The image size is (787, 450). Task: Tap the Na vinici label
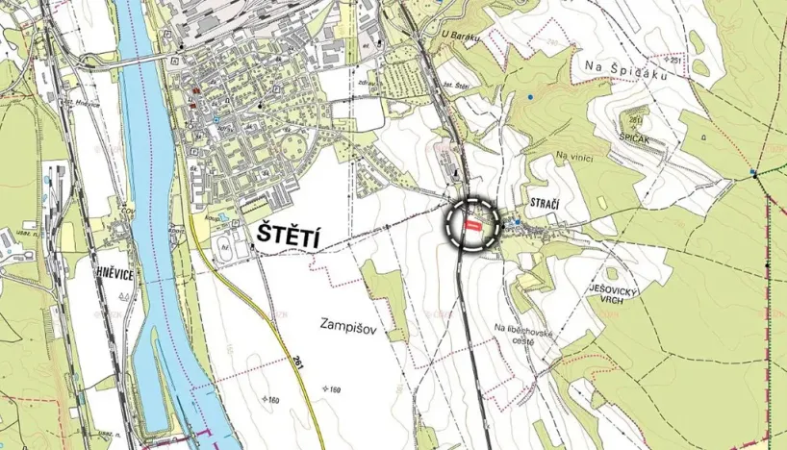click(573, 156)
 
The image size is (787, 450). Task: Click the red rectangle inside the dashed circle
click(471, 224)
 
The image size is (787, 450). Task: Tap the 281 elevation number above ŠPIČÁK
click(636, 119)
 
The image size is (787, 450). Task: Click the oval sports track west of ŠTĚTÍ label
click(230, 241)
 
